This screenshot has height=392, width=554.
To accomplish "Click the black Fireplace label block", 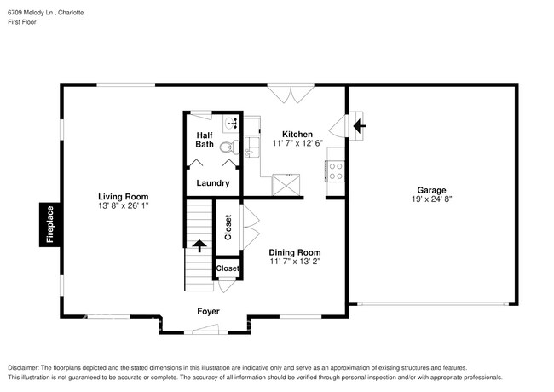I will coord(49,225).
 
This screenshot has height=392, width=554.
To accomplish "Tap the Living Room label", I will coord(123,195).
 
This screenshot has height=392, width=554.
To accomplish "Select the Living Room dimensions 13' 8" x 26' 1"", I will coord(123,205).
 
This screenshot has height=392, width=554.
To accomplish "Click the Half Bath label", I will coord(205,140).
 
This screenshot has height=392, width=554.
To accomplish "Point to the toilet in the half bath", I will coord(227,147).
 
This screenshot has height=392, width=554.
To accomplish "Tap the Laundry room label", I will coord(212,183).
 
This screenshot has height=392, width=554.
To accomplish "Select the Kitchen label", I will coord(297,134).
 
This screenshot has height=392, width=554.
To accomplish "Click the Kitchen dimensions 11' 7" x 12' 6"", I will coord(297,144).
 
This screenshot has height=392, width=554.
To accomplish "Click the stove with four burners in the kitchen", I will coord(335,171).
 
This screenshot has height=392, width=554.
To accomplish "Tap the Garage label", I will coord(431,190).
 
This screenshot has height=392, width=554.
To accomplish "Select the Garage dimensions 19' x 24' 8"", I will coord(431,199).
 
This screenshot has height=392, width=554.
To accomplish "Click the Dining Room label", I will coord(295,252).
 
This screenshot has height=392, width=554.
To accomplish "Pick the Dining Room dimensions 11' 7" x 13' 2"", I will coord(295,262).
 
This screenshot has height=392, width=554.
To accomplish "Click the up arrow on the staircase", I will coord(200,247).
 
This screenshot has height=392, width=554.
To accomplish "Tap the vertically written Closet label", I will coord(228,227).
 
